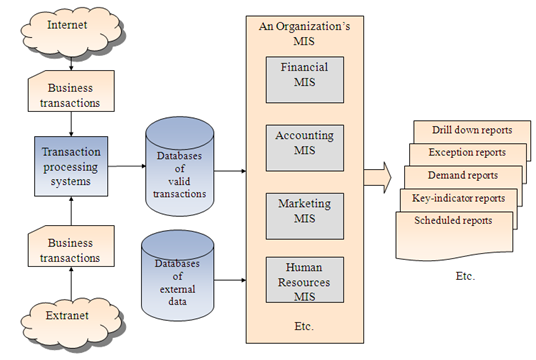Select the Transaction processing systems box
coord(71,166)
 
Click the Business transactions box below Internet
coord(71,91)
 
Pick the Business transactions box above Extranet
coord(71,246)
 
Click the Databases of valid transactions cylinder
coord(180,166)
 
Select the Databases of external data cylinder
coord(178,276)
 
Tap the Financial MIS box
coord(305,80)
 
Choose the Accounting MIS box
coord(305,148)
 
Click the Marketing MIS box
coord(305,216)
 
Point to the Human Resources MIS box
coord(305,280)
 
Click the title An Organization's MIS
coord(304,34)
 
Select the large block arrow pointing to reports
coord(377,178)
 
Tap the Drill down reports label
coord(472,130)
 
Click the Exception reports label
coord(467,152)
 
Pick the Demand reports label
coord(463,175)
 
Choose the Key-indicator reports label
coord(458,198)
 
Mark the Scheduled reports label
coord(453,220)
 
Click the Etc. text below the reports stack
coord(465,276)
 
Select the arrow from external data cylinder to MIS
coord(230,280)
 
